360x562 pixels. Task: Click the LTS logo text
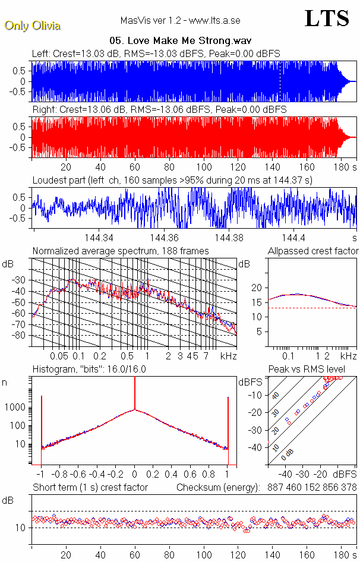(327, 19)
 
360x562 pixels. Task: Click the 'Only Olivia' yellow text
(32, 26)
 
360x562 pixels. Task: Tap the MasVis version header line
(180, 20)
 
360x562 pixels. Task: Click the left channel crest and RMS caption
(156, 53)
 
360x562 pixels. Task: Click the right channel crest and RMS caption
(159, 110)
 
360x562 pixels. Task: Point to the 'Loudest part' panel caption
(172, 180)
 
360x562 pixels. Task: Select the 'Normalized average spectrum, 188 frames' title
(121, 251)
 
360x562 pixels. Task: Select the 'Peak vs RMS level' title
(307, 370)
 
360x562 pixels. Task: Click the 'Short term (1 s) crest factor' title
(90, 488)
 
